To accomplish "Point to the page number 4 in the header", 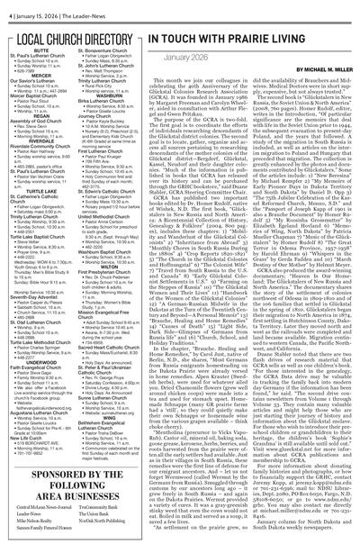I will tap(4, 8).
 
